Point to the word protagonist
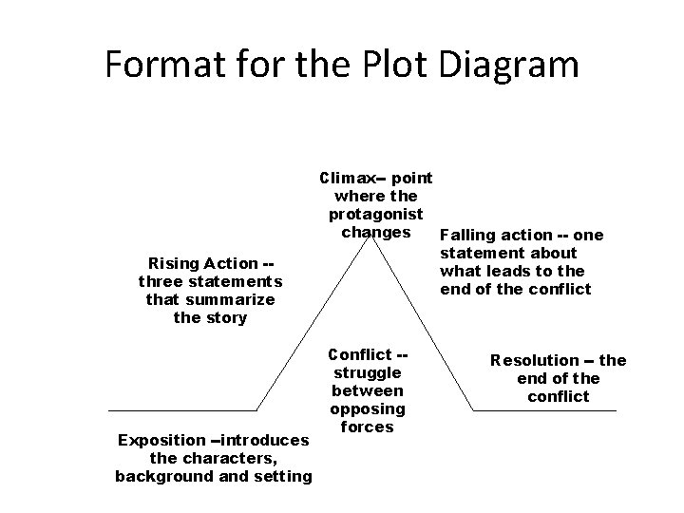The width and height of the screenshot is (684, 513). [375, 214]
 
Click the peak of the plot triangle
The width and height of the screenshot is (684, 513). [376, 235]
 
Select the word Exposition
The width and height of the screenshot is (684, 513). [160, 440]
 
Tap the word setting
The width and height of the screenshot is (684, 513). [282, 476]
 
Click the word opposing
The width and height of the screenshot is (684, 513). [367, 408]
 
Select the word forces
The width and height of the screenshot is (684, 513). [367, 427]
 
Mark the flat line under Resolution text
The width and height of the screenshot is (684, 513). [545, 410]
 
